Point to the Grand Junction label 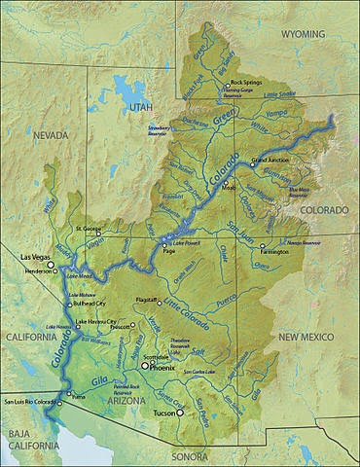click(x=271, y=159)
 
